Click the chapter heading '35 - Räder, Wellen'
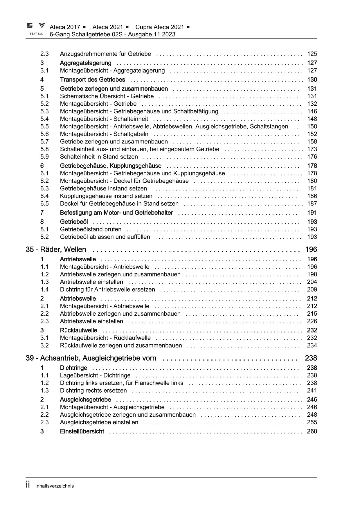[56, 249]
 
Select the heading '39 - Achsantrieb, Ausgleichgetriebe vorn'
[91, 358]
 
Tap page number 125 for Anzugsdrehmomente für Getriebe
[312, 54]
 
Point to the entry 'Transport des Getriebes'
[92, 80]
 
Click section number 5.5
[44, 126]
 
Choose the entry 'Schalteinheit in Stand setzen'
[99, 157]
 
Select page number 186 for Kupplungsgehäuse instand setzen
[312, 196]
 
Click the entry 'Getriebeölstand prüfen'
[91, 229]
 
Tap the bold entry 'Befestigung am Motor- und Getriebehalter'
[116, 213]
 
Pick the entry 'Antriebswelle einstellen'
[91, 282]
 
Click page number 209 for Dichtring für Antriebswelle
[312, 289]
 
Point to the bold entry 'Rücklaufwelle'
[78, 330]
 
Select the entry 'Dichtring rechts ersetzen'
[93, 390]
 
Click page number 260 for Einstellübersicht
[312, 431]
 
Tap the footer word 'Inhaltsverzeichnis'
[55, 486]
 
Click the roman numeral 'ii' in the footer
[28, 485]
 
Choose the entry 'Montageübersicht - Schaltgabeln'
[104, 134]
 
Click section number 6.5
[44, 204]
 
